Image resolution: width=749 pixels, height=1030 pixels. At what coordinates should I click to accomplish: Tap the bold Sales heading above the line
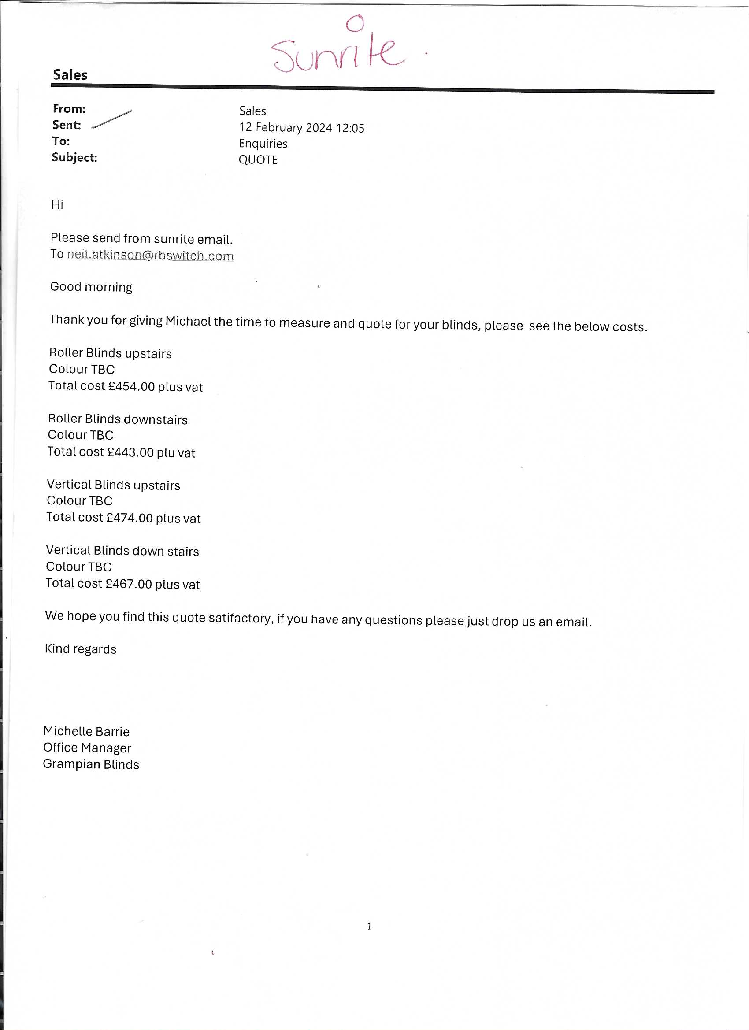point(70,75)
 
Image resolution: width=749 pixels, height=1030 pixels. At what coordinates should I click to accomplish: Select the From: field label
point(69,109)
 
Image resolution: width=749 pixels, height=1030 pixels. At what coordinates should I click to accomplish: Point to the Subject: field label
point(74,158)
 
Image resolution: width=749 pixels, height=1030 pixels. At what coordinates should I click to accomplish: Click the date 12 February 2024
point(286,128)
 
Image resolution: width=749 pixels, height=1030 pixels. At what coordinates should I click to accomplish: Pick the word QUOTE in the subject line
point(258,160)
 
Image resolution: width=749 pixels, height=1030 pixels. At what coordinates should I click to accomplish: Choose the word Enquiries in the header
point(263,144)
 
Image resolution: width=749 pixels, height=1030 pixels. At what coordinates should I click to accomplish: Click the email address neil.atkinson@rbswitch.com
point(150,255)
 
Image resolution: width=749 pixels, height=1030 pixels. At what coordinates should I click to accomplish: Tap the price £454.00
point(131,386)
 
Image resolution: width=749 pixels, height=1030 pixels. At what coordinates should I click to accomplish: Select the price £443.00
point(130,452)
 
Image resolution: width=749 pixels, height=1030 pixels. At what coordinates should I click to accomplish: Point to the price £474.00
point(129,518)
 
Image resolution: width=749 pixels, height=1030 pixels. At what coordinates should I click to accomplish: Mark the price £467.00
point(129,584)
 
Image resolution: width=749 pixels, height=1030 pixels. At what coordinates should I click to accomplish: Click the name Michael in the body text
point(188,321)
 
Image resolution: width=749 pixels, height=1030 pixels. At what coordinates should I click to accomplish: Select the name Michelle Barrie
point(86,731)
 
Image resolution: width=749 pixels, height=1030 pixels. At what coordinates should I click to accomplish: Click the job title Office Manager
point(87,748)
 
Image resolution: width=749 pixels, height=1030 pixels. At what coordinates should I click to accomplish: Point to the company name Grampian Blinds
point(91,764)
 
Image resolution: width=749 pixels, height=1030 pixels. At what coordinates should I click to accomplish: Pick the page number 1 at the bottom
point(369,926)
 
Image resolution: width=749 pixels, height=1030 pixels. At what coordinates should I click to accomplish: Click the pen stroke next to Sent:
point(112,119)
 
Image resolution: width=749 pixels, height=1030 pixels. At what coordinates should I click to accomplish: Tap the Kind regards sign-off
point(80,649)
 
